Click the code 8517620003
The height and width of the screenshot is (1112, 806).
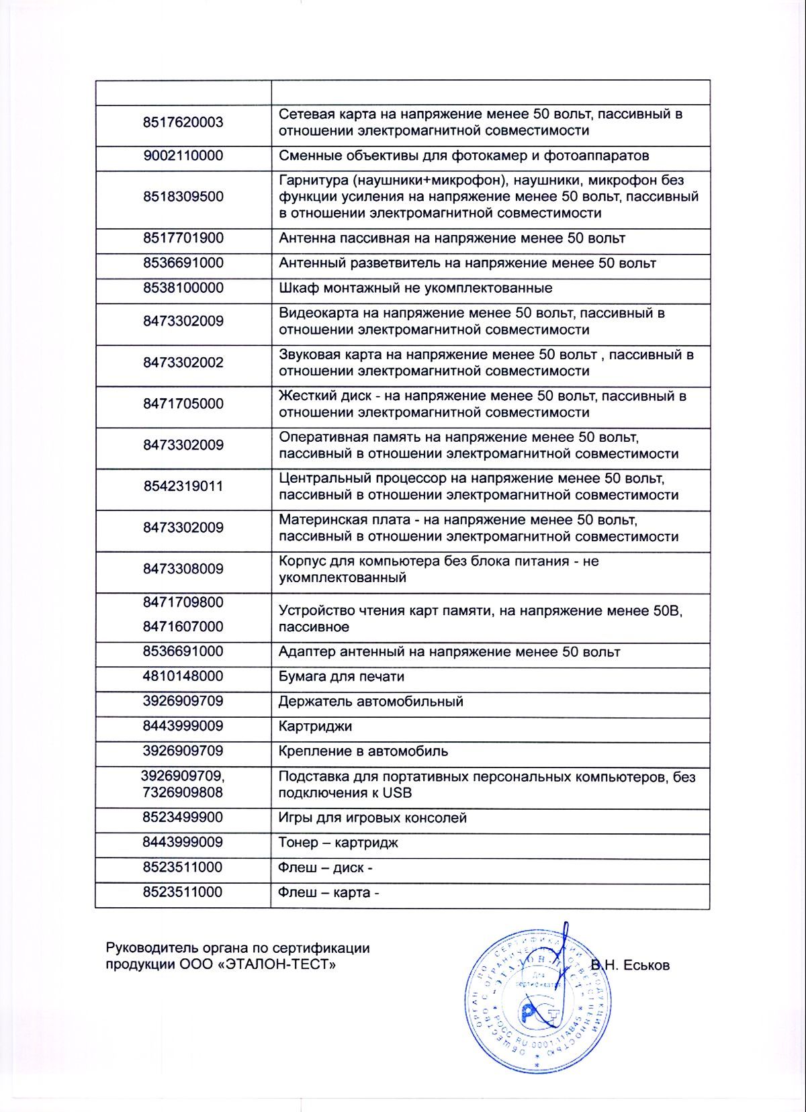pyautogui.click(x=183, y=122)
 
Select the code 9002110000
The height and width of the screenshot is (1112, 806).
pyautogui.click(x=183, y=156)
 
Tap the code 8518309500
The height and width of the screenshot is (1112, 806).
pyautogui.click(x=183, y=197)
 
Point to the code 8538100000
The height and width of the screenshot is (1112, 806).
pyautogui.click(x=183, y=288)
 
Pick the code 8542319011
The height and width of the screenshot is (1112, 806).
pyautogui.click(x=183, y=486)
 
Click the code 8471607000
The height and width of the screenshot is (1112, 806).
pyautogui.click(x=183, y=627)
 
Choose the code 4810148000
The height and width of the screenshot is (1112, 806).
pyautogui.click(x=183, y=676)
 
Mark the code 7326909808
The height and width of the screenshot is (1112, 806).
pyautogui.click(x=183, y=792)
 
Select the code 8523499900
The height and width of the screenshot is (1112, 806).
pyautogui.click(x=183, y=817)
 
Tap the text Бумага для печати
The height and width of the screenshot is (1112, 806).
pyautogui.click(x=341, y=677)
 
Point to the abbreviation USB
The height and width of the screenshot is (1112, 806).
pyautogui.click(x=397, y=793)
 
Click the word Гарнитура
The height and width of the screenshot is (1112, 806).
pyautogui.click(x=314, y=181)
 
